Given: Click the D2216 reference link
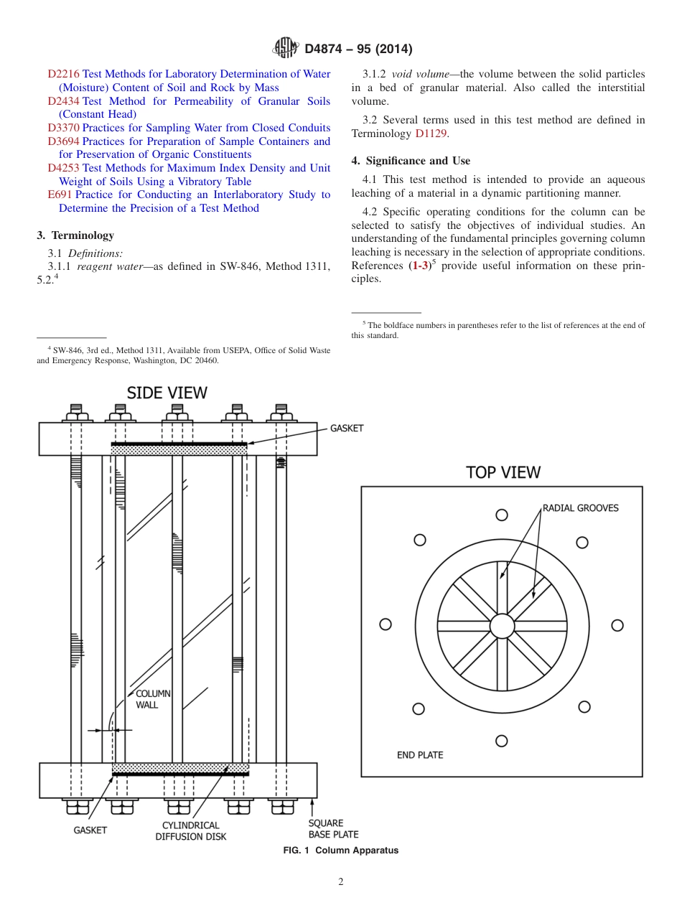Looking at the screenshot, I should point(63,74).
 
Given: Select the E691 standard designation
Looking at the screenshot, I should point(59,195).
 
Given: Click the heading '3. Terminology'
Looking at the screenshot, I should point(75,235).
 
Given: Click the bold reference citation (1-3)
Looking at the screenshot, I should point(418,266).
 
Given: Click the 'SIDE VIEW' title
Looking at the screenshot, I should point(167,393).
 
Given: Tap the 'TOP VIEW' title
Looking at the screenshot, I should point(503,472).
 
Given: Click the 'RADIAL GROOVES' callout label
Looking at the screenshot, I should point(580,507).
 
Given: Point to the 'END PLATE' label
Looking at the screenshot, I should point(420,754).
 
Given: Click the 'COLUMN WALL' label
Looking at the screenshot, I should point(152,699).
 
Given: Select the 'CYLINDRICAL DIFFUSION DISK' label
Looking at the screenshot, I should point(191,831).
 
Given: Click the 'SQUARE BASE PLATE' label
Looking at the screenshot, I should point(333,828).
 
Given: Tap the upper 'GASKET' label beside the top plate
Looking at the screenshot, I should point(347,428).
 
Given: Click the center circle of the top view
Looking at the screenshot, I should point(502,626).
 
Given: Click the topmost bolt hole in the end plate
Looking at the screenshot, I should point(502,515).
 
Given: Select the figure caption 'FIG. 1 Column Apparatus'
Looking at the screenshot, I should point(340,851).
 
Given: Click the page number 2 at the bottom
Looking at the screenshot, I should point(341,882).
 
